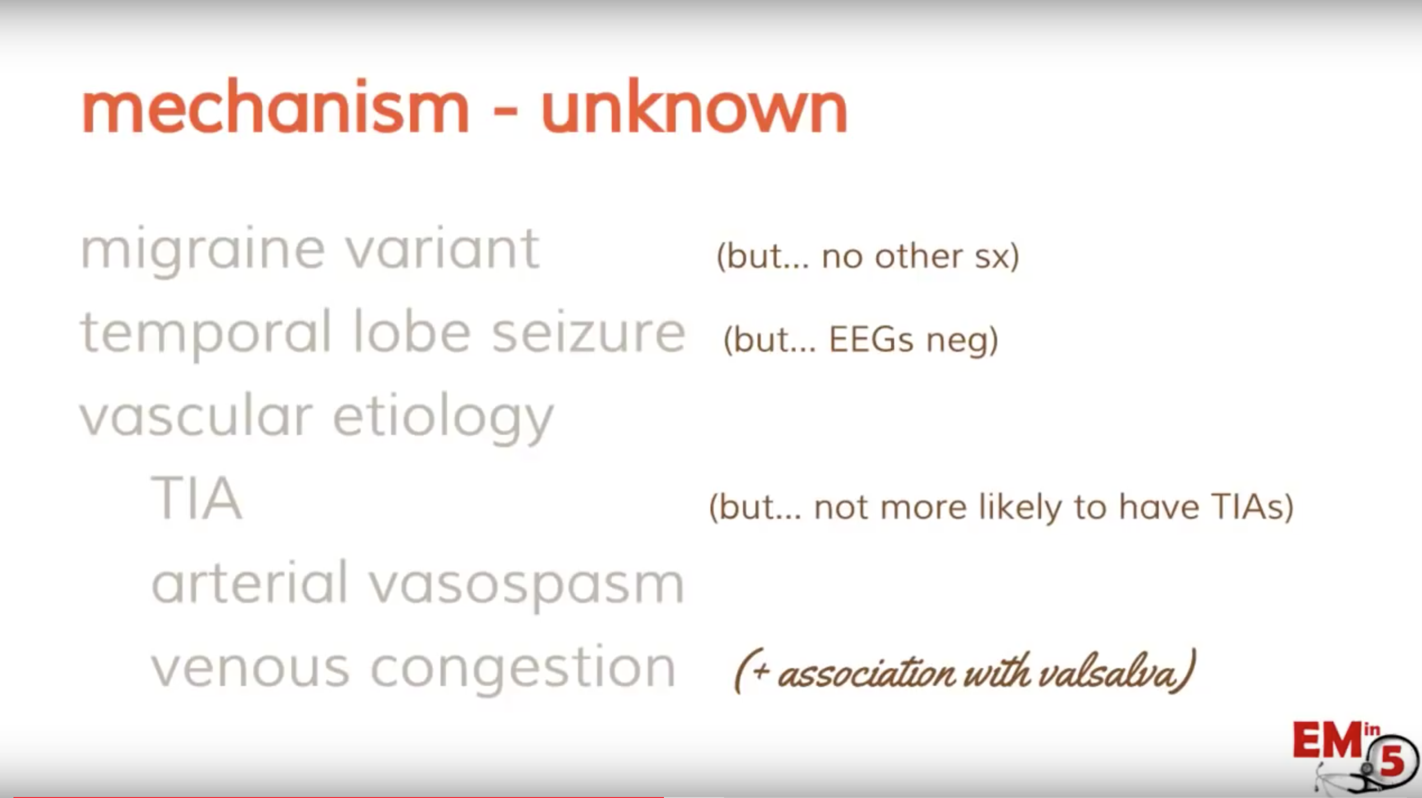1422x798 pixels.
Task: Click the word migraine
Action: pos(203,252)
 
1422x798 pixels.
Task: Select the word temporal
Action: pos(206,335)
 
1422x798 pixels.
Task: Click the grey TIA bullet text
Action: pos(197,498)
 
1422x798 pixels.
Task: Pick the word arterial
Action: pos(249,582)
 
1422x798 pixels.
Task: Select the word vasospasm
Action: pos(527,586)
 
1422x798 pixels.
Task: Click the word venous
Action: pos(250,668)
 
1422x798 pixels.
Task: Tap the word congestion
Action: pos(523,669)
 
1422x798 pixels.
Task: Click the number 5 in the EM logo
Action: pos(1392,763)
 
